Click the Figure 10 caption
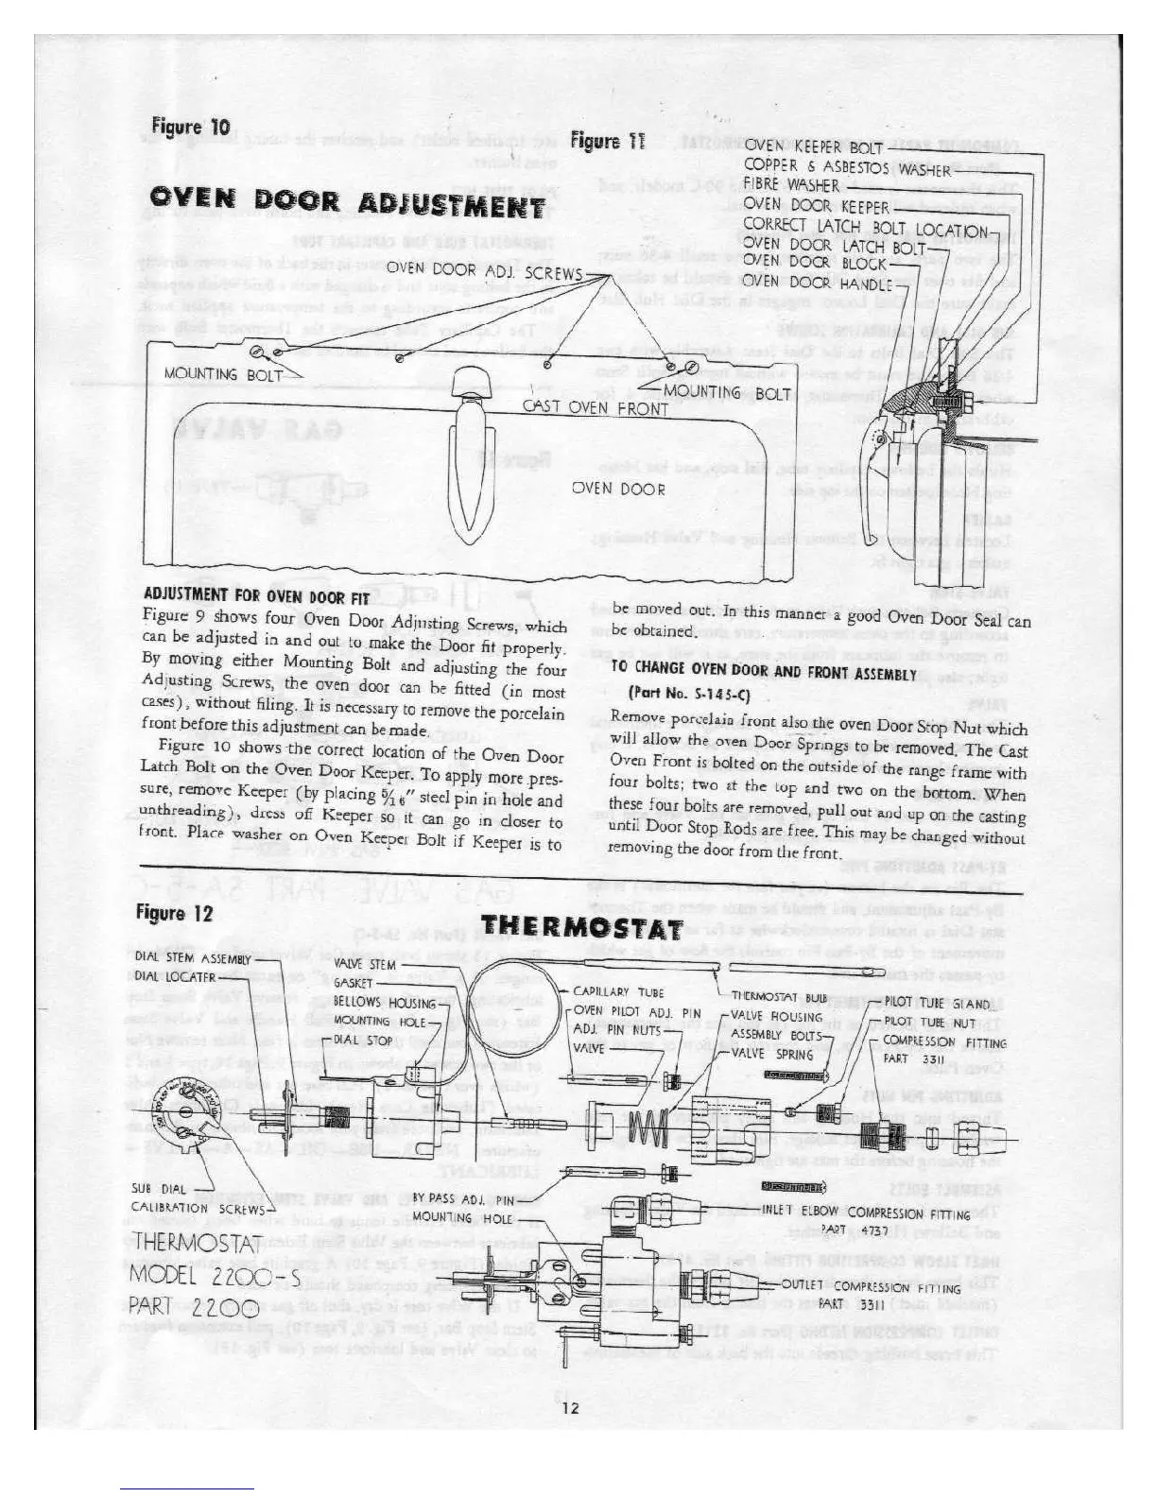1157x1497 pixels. [x=190, y=128]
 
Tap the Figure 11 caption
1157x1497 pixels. [x=608, y=142]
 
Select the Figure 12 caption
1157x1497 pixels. [x=175, y=913]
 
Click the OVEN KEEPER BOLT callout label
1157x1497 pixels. [x=813, y=147]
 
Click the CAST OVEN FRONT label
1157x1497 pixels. [x=596, y=408]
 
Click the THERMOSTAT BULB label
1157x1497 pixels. [x=779, y=998]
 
